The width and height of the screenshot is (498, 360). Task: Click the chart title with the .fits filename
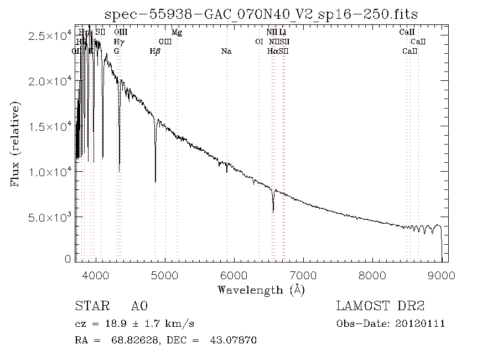(261, 14)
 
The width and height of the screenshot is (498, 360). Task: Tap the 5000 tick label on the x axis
(165, 275)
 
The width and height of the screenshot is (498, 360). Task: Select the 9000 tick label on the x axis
(442, 275)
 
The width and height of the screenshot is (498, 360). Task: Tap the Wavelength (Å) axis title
(261, 290)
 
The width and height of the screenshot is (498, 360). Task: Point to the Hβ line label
(155, 52)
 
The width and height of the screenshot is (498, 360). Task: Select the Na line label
(226, 52)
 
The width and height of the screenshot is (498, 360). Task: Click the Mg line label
(177, 33)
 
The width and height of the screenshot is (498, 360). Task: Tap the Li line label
(282, 33)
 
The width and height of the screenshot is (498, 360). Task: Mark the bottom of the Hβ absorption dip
(155, 181)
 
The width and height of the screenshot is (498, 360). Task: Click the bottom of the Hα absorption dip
(273, 211)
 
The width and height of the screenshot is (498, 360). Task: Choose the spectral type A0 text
(139, 306)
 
